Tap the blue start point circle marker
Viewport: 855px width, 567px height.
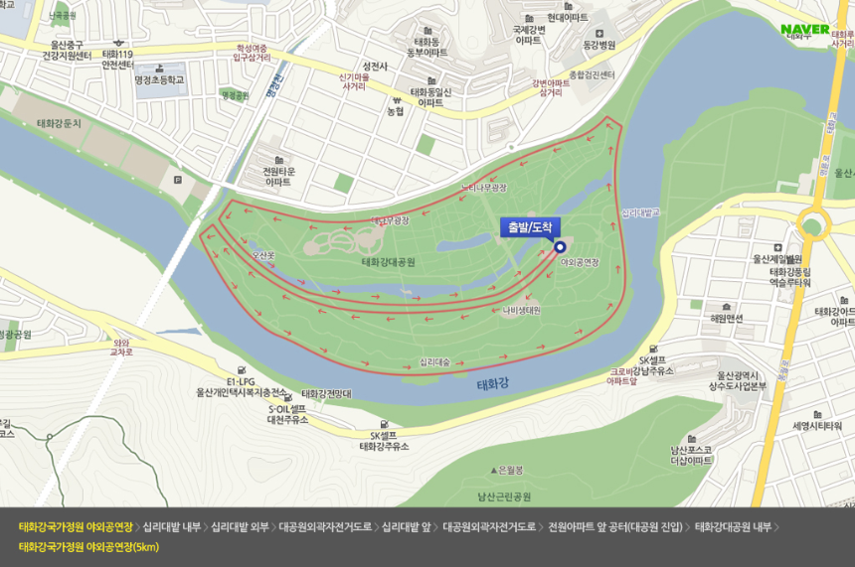click(559, 248)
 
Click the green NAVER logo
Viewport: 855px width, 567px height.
click(804, 29)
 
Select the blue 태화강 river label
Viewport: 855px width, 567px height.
click(493, 382)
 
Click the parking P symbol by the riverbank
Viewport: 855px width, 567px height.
click(177, 180)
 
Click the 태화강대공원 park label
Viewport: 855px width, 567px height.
click(388, 262)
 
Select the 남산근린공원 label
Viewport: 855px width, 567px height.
click(504, 496)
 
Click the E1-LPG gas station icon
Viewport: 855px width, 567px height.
click(242, 368)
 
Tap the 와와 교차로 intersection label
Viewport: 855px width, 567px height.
click(122, 347)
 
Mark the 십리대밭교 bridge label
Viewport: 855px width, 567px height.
click(640, 213)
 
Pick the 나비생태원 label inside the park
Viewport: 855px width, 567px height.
click(521, 309)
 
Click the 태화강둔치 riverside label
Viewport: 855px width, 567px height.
click(59, 123)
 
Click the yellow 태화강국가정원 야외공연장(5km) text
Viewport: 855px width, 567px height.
click(88, 547)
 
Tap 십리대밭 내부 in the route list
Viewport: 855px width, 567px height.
click(172, 526)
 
